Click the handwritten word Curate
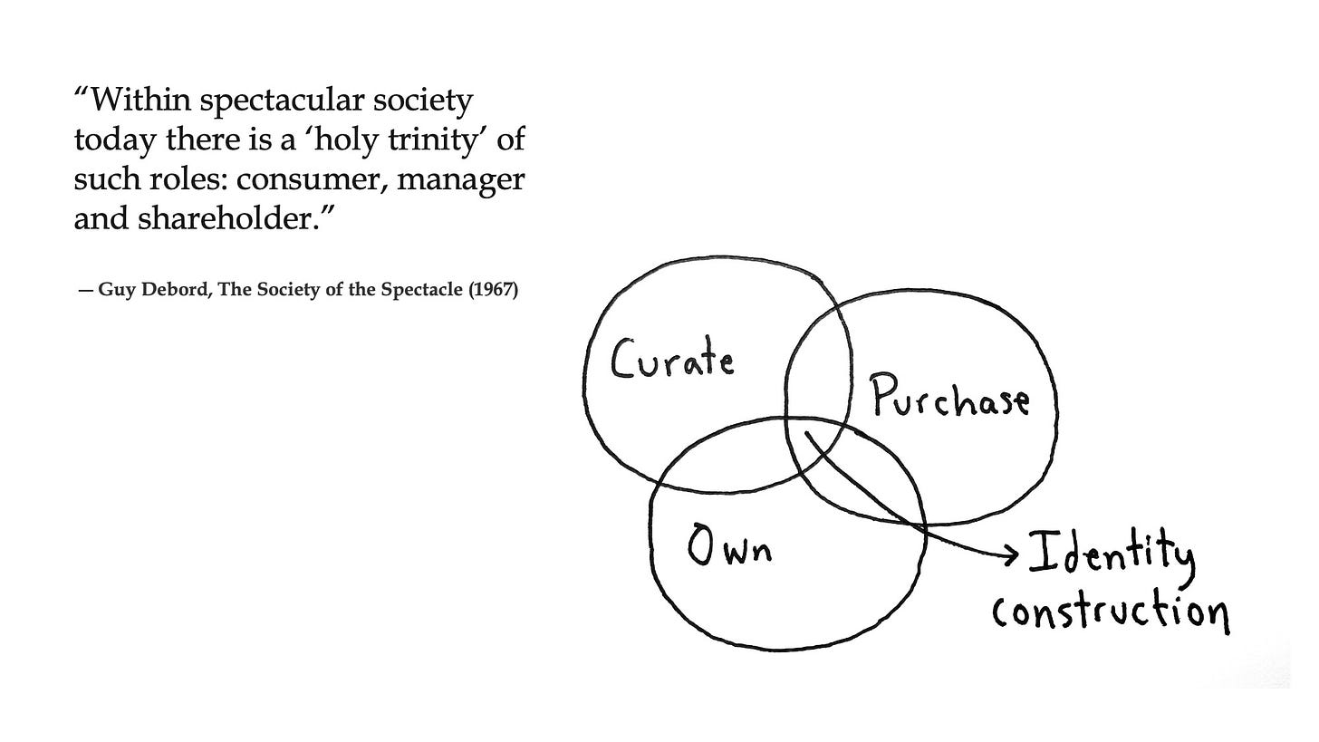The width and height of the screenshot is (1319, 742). click(672, 359)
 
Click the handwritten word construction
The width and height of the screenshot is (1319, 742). click(1110, 612)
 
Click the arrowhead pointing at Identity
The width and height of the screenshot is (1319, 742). click(1010, 554)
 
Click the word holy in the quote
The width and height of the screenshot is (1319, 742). click(349, 140)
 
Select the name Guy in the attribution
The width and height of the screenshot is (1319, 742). click(114, 290)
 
